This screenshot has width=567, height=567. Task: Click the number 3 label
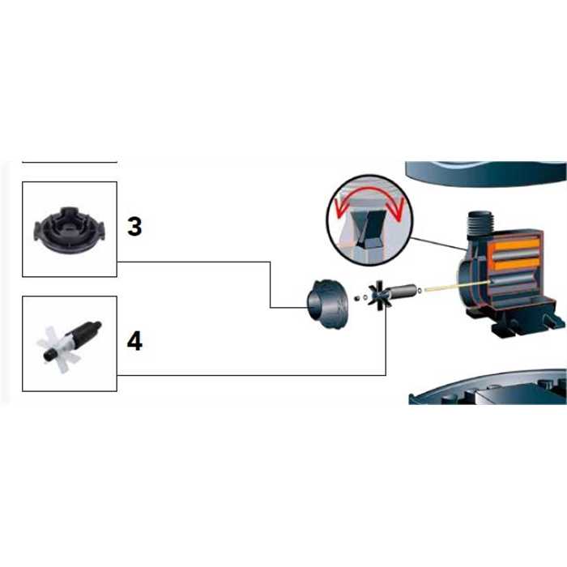point(134,227)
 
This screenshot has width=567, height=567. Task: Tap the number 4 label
point(134,342)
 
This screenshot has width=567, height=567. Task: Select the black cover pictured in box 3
point(70,229)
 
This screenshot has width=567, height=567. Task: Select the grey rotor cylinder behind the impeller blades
point(402,291)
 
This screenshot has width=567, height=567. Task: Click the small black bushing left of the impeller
point(357,298)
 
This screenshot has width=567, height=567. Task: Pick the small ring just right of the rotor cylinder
point(420,289)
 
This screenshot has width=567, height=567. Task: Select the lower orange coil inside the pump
point(518,265)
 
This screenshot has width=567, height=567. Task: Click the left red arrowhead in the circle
point(341,211)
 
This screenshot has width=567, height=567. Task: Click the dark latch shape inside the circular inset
point(368,232)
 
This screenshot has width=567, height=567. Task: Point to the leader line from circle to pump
point(438,243)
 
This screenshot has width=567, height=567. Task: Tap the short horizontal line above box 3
point(70,162)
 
